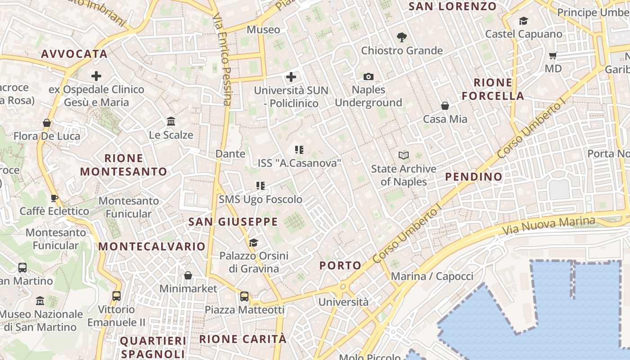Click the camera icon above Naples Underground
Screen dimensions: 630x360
coord(368,77)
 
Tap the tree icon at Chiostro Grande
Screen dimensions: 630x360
coord(401,37)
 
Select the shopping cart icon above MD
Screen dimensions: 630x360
coord(553,56)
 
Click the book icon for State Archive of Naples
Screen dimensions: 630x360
coord(404,156)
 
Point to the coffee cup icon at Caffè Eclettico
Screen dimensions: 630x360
coord(54,198)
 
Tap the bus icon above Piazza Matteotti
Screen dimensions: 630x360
coord(244,297)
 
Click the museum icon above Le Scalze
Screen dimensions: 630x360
coord(171,121)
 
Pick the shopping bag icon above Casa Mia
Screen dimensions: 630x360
coord(445,106)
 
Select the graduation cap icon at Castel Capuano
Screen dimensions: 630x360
coord(523,21)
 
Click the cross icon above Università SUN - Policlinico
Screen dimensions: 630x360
coord(291,77)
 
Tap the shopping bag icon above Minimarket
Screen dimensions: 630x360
coord(188,275)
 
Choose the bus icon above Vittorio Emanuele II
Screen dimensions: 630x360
coord(117,296)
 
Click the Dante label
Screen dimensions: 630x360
coord(230,153)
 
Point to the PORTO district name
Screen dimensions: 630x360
coord(341,265)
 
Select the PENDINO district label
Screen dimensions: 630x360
coord(473,176)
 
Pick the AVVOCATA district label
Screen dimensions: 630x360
coord(74,54)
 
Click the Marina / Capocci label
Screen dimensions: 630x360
coord(432,276)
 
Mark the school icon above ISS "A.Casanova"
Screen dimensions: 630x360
coord(299,150)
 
